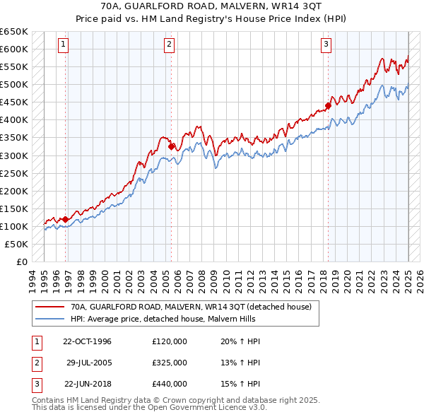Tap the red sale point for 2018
328,106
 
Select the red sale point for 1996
66,219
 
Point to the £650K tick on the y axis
14,32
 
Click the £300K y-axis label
14,155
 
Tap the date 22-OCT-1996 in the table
87,341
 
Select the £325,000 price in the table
170,363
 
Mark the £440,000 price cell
170,384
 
